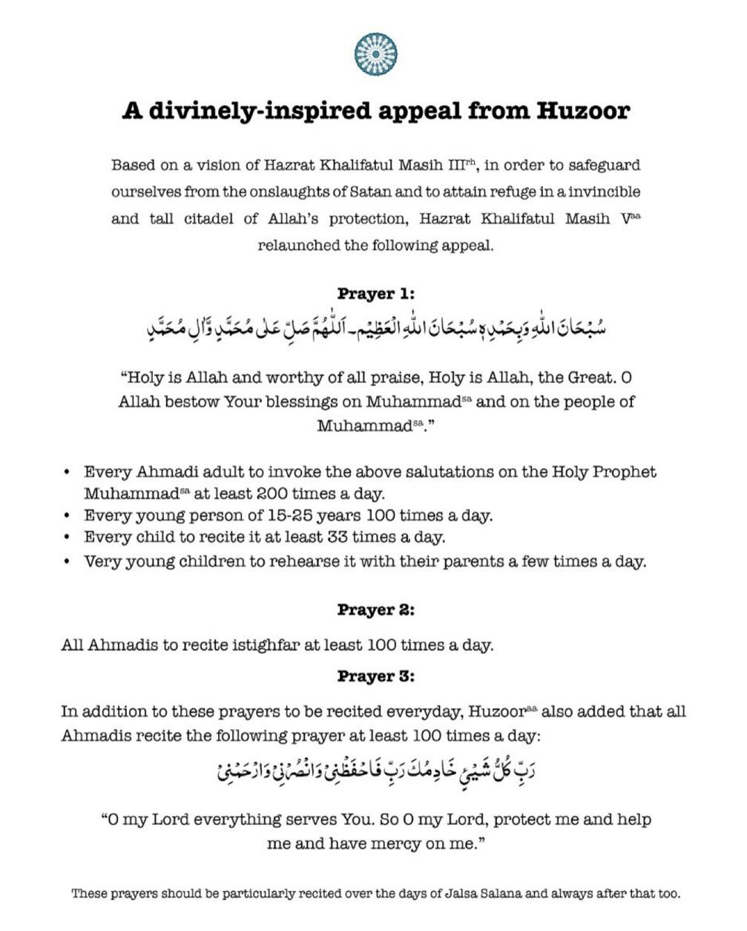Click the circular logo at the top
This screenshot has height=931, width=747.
tap(376, 54)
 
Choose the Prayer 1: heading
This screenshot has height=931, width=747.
tap(375, 293)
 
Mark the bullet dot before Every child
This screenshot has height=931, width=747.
tap(68, 537)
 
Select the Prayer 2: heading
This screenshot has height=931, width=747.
tap(375, 610)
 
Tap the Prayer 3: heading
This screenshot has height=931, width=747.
tap(375, 676)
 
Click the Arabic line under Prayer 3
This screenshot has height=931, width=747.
tap(376, 773)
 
